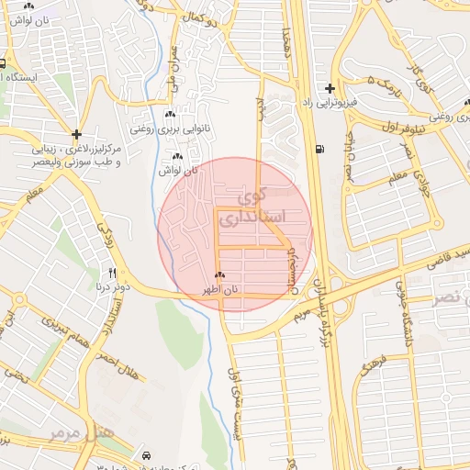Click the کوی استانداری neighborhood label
pos(263,207)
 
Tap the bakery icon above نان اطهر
pos(218,275)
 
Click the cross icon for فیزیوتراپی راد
pos(329,87)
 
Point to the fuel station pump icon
pos(319,149)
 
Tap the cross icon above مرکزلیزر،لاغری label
pos(76,134)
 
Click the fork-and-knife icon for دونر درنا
pos(113,273)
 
